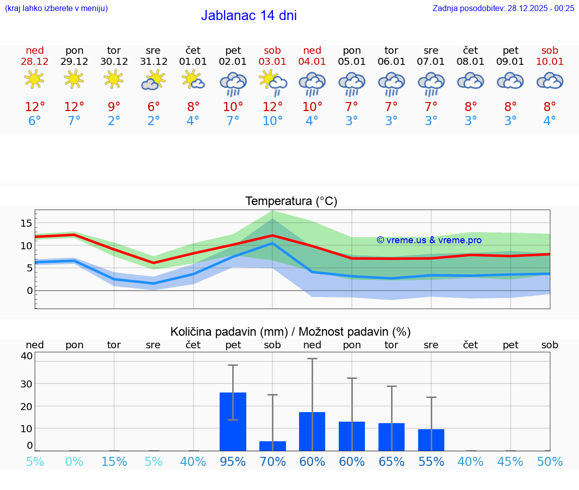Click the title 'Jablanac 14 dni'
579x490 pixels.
249,16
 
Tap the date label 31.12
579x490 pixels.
153,61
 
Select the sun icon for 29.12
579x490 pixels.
74,79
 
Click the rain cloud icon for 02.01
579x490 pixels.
233,83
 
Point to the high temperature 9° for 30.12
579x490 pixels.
114,107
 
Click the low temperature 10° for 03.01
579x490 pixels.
272,121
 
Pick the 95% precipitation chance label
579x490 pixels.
233,461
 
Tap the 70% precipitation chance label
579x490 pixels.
272,461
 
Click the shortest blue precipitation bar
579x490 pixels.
272,446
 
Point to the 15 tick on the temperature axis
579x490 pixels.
27,223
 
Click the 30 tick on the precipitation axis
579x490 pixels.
26,384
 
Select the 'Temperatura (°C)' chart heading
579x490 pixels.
291,202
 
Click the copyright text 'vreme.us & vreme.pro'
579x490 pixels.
429,240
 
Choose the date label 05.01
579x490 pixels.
352,61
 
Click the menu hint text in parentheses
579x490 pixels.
56,8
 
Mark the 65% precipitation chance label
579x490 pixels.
392,461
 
